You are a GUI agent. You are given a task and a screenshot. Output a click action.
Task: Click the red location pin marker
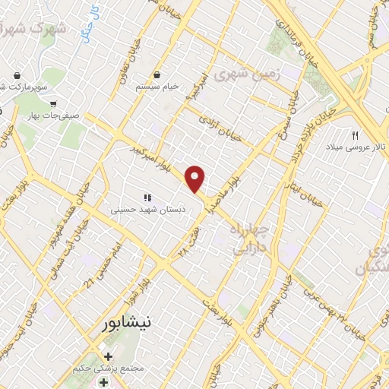tap(196, 179)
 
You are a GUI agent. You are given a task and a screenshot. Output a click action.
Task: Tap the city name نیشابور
tap(131, 323)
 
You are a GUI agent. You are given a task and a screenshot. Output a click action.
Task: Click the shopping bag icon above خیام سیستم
tap(157, 74)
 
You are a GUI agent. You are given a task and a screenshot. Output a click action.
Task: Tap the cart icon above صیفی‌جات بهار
tap(53, 103)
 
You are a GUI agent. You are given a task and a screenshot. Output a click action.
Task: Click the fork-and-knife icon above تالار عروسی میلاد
tap(355, 135)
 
